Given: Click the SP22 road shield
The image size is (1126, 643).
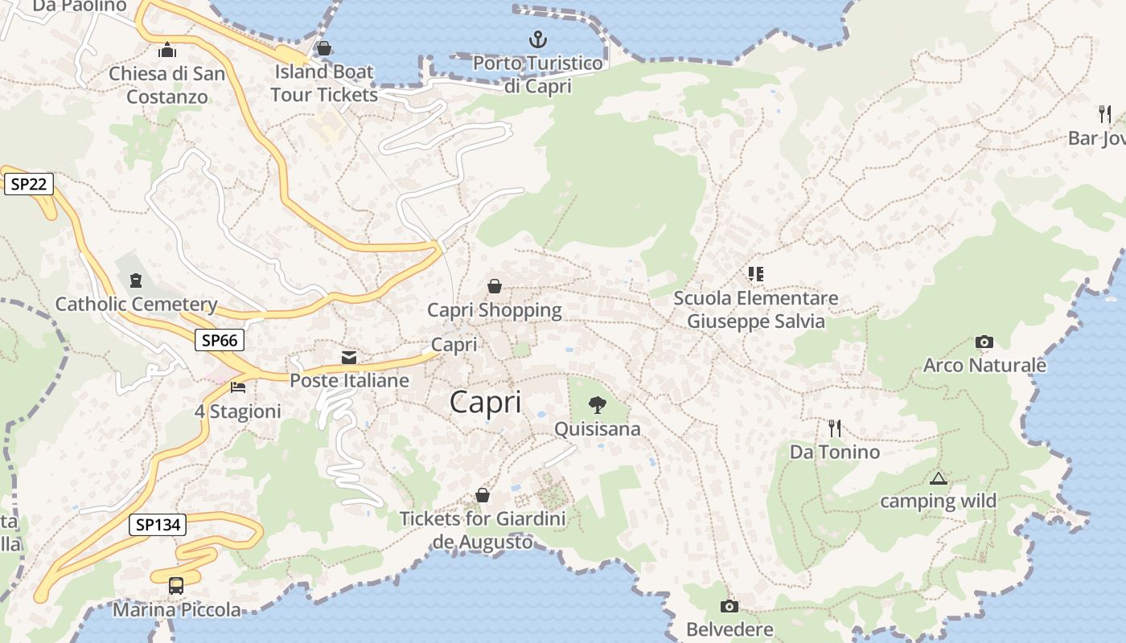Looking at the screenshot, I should pos(29,184).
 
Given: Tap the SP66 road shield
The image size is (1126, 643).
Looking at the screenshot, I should pos(220,340).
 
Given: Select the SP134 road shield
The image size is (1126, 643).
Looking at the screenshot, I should pos(158,525).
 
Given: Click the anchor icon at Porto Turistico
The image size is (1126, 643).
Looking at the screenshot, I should pos(537,39).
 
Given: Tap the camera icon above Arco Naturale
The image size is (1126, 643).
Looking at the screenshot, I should pos(984,342).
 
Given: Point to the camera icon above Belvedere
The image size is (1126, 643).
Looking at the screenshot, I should pos(729,606).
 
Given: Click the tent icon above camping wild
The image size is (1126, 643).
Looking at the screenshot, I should pos(938,478).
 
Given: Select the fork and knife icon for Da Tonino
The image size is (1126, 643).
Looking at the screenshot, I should pos(835,428).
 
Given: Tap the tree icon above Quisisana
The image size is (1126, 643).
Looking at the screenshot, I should pos(597,405).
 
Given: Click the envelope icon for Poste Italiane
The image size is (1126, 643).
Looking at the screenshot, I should pos(349,357).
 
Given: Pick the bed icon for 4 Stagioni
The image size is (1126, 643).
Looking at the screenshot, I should pos(238,387).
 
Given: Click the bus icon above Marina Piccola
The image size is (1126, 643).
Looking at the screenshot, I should pos(176,586).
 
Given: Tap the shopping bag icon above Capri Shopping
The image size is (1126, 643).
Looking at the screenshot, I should pos(494,286).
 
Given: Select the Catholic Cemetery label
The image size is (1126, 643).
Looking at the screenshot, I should pos(136,305).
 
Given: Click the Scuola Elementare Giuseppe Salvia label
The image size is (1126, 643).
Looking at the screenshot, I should pos(755,309).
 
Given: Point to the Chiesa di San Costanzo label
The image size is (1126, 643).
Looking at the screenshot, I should pos(167,84).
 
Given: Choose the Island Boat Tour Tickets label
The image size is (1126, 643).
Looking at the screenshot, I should pos(324,83).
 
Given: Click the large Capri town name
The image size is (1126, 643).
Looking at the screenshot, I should pos(485,402).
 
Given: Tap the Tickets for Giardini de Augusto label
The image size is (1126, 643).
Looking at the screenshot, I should pos(483,530).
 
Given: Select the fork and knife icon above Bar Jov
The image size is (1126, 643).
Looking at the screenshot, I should pos(1105,114).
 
